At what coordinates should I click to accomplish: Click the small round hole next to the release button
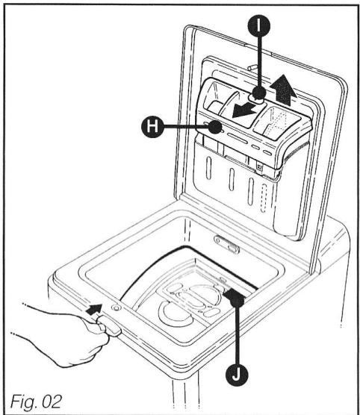click(x=116, y=307)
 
